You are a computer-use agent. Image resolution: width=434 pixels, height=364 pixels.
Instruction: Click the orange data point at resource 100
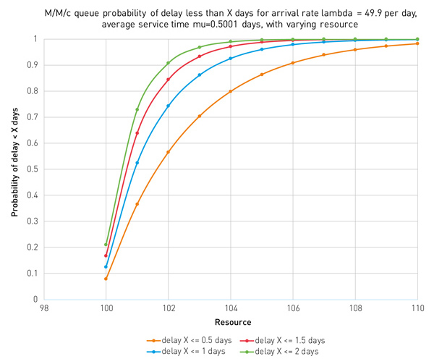pyautogui.click(x=106, y=279)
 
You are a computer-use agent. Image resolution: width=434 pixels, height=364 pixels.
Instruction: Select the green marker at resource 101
pyautogui.click(x=137, y=109)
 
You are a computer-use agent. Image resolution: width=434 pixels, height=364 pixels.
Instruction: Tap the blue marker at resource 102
pyautogui.click(x=168, y=106)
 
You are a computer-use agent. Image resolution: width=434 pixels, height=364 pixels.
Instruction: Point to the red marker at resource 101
pyautogui.click(x=137, y=133)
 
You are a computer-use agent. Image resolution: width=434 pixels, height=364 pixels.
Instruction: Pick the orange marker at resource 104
pyautogui.click(x=230, y=91)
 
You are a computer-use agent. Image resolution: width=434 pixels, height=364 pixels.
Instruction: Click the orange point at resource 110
pyautogui.click(x=417, y=43)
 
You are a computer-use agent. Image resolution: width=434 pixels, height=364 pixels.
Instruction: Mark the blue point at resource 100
pyautogui.click(x=106, y=266)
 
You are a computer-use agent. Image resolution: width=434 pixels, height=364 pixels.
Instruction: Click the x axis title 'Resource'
pyautogui.click(x=230, y=321)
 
